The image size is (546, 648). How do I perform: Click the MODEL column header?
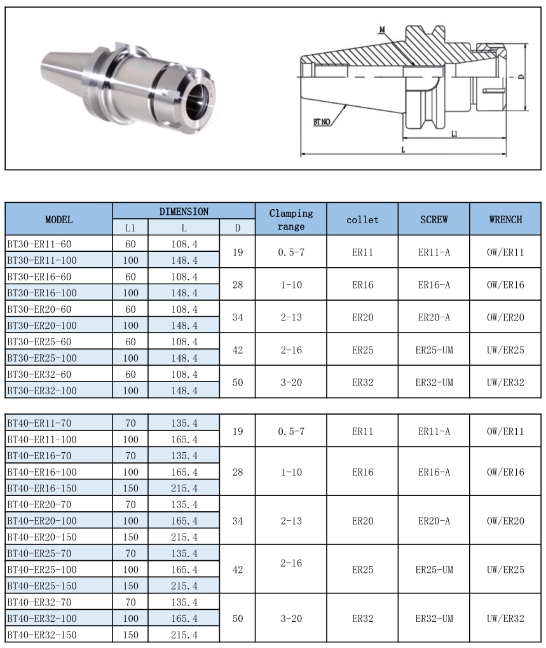click(58, 219)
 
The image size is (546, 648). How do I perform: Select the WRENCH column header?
click(505, 219)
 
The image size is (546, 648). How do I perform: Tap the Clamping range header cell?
click(291, 219)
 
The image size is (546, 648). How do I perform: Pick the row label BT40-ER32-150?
click(42, 635)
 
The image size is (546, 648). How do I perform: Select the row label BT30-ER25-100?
click(42, 357)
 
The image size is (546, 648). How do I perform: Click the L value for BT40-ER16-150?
click(184, 488)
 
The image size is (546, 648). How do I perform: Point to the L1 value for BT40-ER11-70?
click(130, 423)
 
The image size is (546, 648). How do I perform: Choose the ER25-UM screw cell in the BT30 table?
click(434, 350)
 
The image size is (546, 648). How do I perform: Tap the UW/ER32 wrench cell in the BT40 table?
click(505, 618)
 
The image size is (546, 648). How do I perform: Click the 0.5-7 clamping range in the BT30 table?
click(291, 252)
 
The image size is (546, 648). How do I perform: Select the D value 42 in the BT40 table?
click(238, 570)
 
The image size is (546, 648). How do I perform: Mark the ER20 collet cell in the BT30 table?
click(362, 317)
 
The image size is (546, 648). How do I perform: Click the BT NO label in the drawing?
click(322, 121)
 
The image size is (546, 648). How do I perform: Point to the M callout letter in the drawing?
click(382, 30)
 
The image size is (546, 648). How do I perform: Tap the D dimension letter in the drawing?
click(521, 77)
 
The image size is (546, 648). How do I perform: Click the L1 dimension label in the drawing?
click(455, 134)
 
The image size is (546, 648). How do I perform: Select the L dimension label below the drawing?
click(404, 148)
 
